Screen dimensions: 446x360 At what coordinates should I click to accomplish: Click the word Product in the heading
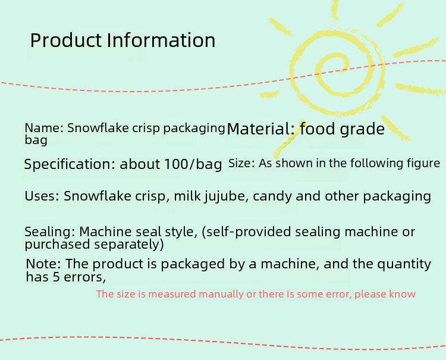[65, 40]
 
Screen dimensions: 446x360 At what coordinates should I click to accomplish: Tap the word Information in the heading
[161, 40]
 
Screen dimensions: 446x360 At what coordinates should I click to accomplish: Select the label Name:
[44, 128]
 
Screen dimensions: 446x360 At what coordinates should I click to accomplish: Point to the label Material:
[260, 129]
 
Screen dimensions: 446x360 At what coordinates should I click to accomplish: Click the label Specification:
[70, 164]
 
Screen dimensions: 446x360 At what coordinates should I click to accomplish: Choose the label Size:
[241, 164]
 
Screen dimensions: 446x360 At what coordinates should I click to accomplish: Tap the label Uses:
[42, 196]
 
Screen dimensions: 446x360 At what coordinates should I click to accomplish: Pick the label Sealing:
[50, 231]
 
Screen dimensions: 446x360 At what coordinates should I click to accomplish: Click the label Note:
[43, 264]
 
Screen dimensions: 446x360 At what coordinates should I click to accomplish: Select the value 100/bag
[193, 164]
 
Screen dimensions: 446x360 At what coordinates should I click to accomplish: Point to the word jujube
[224, 196]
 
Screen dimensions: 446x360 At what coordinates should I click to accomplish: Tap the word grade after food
[362, 130]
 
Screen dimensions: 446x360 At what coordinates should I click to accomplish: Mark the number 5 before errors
[56, 277]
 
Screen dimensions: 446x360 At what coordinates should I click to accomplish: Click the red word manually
[221, 295]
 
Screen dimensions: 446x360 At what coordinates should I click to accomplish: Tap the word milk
[187, 196]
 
